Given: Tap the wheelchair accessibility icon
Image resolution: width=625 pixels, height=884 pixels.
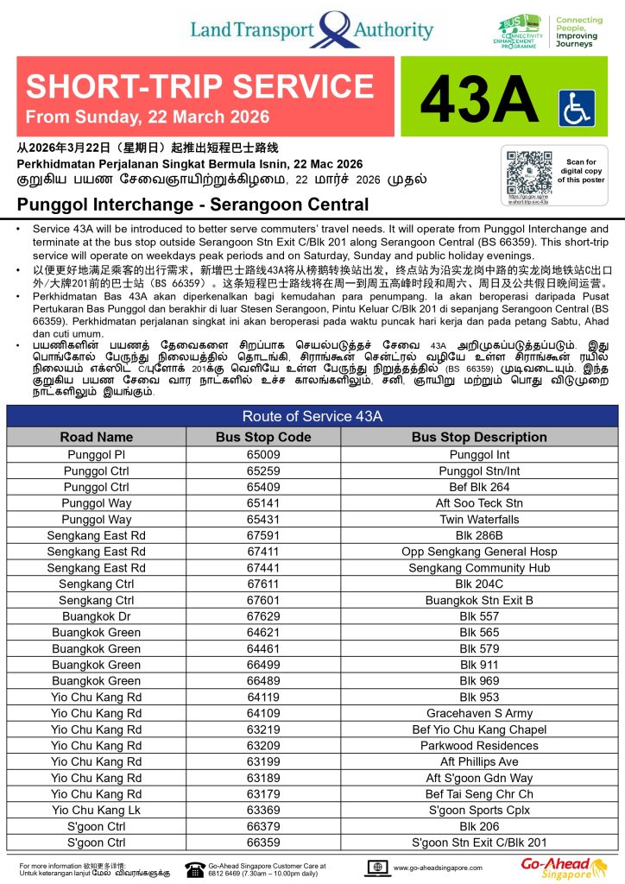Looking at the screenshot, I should (x=577, y=108).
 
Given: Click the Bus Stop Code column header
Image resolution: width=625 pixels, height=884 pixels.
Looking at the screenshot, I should (x=263, y=437).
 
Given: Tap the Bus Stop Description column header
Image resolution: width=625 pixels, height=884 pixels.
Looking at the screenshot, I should (x=479, y=437).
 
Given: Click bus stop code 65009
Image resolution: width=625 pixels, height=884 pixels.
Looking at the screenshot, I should (x=263, y=454).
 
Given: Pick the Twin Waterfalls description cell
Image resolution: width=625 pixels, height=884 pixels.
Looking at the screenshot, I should (x=479, y=520).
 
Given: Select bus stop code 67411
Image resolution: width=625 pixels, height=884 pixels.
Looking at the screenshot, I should (x=263, y=552).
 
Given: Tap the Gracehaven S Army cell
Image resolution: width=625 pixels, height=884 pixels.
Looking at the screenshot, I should (x=479, y=713).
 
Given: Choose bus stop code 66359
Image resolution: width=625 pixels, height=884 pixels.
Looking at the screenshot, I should (x=263, y=842).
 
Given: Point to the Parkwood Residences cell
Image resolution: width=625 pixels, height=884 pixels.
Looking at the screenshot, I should (x=479, y=745).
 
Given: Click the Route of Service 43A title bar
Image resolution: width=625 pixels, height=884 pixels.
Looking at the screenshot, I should (x=312, y=416).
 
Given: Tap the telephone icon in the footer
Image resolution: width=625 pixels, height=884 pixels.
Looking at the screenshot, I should (x=193, y=867).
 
